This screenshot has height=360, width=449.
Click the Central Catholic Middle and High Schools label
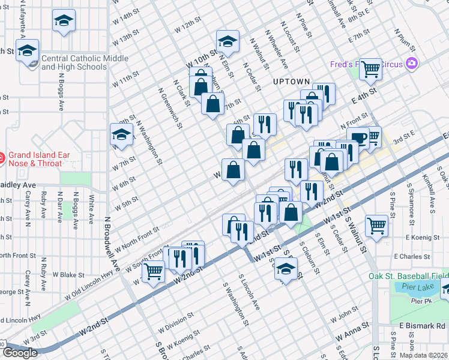click(x=84, y=62)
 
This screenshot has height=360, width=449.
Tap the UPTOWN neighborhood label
click(x=291, y=82)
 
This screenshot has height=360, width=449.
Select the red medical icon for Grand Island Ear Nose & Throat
click(x=2, y=158)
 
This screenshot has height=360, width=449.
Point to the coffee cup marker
click(x=358, y=137)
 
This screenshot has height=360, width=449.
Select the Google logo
click(x=20, y=353)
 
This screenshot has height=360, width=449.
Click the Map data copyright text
click(x=424, y=355)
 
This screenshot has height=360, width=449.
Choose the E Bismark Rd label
click(x=425, y=325)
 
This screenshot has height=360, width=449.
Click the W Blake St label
click(x=72, y=275)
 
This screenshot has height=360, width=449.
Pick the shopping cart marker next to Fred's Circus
click(x=370, y=69)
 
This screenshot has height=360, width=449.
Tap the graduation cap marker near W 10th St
click(x=227, y=41)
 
